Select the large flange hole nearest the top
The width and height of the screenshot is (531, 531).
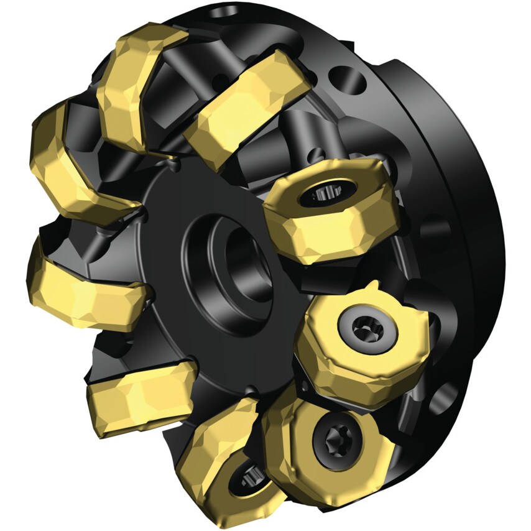pos(341,79)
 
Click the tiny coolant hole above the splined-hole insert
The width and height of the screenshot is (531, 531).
pos(318,151)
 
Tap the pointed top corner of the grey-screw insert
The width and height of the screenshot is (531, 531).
pos(372,287)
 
